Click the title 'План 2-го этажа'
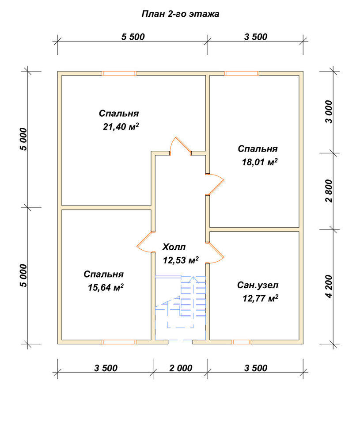(180, 14)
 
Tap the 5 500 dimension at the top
(133, 37)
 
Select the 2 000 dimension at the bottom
(181, 368)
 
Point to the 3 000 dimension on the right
(329, 112)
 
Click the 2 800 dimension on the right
(329, 191)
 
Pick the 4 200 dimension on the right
(329, 286)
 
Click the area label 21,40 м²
(121, 126)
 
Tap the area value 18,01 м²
(260, 162)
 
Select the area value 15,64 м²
(106, 288)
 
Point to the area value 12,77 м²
(261, 298)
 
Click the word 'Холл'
(174, 247)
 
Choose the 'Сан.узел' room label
(258, 285)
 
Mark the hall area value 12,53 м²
(181, 260)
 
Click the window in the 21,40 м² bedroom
(119, 73)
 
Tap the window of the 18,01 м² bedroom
(242, 73)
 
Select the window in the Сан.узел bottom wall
(242, 342)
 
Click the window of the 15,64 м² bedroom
(119, 342)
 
